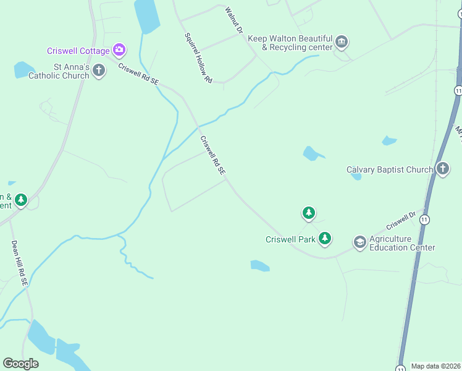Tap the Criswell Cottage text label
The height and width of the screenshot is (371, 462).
point(78,51)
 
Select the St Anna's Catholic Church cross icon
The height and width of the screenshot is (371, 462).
point(98,71)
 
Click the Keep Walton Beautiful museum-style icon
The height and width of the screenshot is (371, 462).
point(342,43)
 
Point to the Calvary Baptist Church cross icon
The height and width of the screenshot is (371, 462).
point(442,169)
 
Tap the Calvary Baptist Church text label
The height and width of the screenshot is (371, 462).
point(389,169)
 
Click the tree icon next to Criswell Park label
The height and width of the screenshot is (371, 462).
point(324,239)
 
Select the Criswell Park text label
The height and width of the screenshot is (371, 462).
point(290,239)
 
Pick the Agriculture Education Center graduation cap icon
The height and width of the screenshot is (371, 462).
point(359,242)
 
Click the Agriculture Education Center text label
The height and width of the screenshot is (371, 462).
point(402,243)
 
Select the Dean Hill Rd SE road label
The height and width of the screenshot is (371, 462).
point(20,262)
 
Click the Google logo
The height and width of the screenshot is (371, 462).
point(20,364)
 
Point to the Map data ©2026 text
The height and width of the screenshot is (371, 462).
point(436,366)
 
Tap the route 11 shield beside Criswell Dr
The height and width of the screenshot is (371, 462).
point(425,220)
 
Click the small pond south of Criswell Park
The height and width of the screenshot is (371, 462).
point(259,266)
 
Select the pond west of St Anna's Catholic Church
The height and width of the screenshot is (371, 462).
point(24,69)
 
